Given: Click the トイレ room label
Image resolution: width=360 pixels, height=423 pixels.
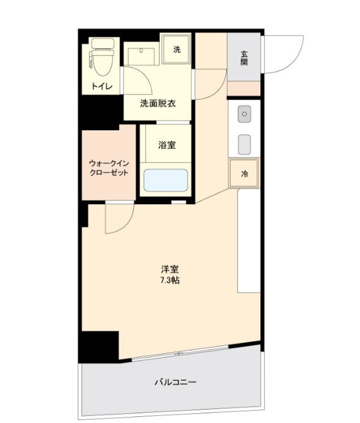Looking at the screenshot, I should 101,86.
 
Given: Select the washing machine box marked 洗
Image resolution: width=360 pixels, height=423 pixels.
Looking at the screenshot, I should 177,50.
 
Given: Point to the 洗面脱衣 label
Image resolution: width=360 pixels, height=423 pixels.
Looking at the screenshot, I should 158,103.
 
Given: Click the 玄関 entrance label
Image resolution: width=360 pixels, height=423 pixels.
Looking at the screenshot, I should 244,57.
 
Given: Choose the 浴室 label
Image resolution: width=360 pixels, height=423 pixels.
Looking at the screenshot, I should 166,145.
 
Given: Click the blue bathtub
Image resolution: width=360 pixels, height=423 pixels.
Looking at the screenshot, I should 165,180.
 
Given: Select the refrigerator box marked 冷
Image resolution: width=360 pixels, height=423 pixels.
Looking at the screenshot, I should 244,174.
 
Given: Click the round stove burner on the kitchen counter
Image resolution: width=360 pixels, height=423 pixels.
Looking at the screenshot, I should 244,114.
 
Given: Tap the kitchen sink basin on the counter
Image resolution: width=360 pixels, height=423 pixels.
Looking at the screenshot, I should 244,144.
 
